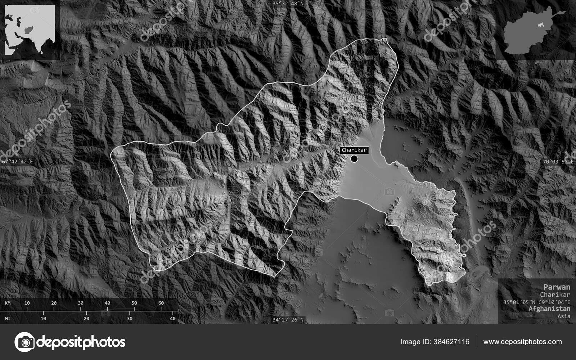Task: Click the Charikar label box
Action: tap(354, 150)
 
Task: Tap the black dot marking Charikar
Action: tap(354, 158)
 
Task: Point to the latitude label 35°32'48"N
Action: tap(288, 4)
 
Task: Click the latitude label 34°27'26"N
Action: tap(288, 319)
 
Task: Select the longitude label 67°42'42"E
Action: tap(17, 162)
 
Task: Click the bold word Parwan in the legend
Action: tap(557, 287)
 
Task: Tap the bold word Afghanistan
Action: tap(549, 309)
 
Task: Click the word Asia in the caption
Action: tap(564, 316)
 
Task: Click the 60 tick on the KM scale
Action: tap(161, 303)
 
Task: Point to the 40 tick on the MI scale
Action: tap(173, 318)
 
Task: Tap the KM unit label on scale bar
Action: tap(8, 303)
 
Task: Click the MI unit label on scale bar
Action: tap(8, 318)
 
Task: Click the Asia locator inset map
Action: tap(30, 30)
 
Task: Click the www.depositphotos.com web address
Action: tap(522, 342)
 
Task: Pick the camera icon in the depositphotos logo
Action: tap(24, 342)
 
